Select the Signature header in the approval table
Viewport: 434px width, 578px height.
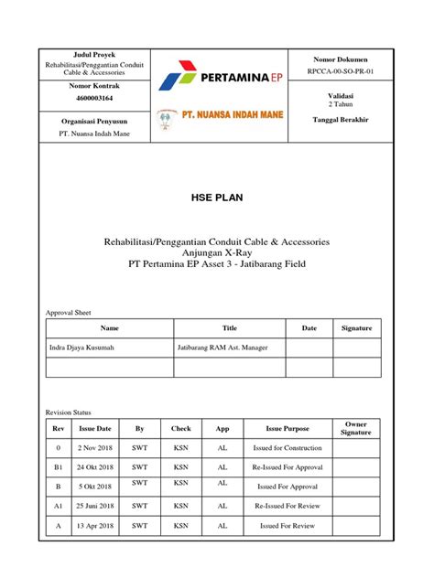tap(357, 327)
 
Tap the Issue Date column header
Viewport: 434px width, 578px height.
tap(95, 427)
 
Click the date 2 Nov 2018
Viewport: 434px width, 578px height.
tap(95, 448)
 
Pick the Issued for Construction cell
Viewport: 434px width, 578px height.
tap(288, 448)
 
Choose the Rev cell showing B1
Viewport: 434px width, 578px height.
tap(58, 467)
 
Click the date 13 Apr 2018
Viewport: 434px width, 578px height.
tap(95, 526)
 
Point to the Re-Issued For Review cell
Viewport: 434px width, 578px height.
tap(288, 505)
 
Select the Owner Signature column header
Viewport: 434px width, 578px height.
tap(356, 427)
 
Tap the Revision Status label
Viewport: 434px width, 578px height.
tap(69, 412)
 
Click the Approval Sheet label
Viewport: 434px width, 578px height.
tap(69, 313)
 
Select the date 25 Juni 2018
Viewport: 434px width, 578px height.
tap(95, 505)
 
